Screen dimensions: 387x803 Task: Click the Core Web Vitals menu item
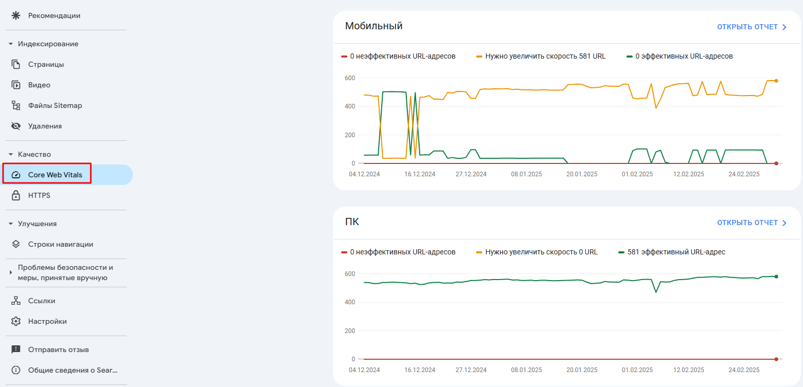55,175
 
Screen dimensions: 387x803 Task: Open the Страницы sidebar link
46,64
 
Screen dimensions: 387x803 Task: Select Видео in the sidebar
39,85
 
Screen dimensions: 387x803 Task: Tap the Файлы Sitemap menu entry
55,105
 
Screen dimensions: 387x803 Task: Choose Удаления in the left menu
45,126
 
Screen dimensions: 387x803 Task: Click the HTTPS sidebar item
39,195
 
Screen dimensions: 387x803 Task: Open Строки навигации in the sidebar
61,244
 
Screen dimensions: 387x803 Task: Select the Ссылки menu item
42,301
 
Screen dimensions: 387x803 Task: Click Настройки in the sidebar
47,321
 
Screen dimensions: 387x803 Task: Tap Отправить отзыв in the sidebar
58,349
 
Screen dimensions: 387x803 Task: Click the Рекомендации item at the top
54,15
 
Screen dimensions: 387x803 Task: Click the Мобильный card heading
374,26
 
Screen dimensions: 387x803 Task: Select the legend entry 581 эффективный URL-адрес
676,252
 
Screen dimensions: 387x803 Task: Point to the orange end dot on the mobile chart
776,81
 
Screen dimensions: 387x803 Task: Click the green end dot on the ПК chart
776,277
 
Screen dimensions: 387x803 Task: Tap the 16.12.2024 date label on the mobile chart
420,174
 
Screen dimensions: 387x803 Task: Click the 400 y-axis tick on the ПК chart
350,302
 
